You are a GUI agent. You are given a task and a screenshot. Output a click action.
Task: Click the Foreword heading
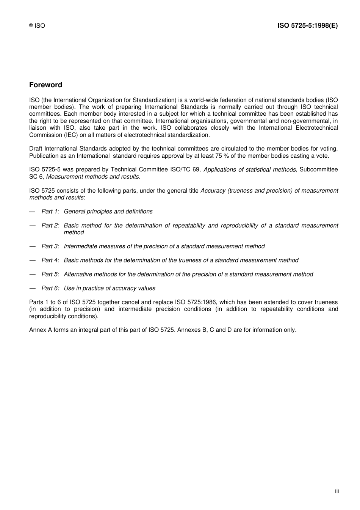[45, 85]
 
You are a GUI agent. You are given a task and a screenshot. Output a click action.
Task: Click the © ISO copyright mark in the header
[37, 26]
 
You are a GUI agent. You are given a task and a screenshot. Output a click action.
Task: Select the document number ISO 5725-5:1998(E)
[307, 25]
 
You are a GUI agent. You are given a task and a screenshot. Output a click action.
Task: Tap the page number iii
[337, 491]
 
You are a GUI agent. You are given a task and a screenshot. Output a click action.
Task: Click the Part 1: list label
[50, 212]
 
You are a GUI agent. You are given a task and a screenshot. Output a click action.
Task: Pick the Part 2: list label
[50, 226]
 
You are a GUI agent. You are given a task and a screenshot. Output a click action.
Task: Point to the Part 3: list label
[50, 246]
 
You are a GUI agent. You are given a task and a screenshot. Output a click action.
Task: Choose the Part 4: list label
[50, 260]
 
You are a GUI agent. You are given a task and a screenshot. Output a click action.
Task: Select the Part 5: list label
[50, 275]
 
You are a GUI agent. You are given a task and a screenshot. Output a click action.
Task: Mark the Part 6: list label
[50, 289]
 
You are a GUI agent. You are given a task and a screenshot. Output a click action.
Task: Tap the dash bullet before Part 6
[33, 289]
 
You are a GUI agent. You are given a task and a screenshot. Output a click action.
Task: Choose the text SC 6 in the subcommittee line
[36, 177]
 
